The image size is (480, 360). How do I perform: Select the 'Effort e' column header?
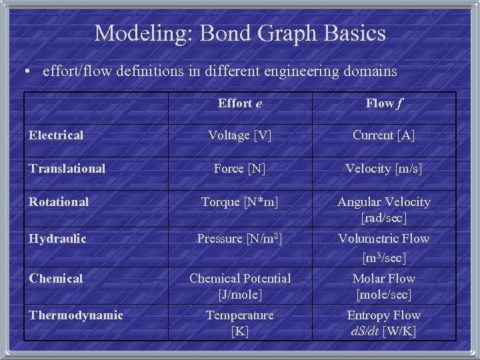point(239,103)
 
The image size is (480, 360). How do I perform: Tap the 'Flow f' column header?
point(383,103)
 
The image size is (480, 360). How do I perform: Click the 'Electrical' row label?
point(56,135)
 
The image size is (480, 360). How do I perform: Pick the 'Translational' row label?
point(67,169)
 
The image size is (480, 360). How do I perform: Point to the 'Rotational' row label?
point(59,201)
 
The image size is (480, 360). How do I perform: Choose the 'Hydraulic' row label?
point(57,238)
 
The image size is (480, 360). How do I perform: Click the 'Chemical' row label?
point(56,278)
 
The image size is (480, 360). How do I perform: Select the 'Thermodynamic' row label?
point(75,315)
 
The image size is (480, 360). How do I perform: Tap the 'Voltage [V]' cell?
point(239,135)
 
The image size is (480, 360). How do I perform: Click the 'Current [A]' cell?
point(383,135)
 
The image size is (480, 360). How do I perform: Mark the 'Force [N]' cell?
point(239,169)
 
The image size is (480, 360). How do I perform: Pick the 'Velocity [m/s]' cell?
point(383,169)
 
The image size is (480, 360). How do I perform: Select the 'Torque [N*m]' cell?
point(239,201)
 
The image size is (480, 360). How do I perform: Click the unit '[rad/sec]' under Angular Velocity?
point(383,218)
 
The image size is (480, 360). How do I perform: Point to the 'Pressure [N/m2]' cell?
point(239,239)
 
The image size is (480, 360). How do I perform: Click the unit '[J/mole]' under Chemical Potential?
point(239,294)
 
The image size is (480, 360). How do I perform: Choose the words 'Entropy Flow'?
point(383,315)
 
